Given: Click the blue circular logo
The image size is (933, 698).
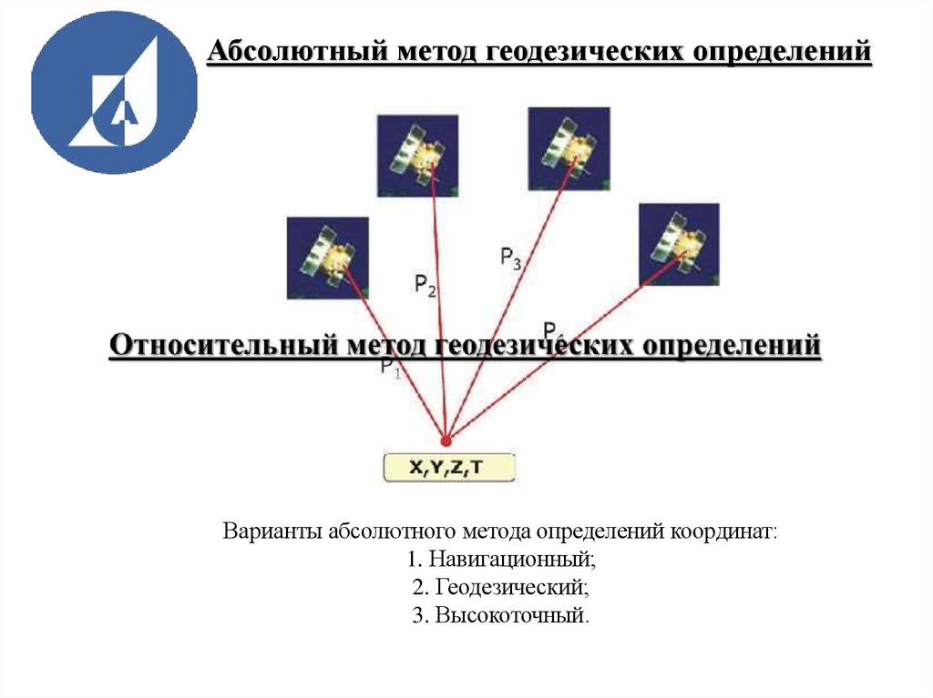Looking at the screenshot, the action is click(114, 91).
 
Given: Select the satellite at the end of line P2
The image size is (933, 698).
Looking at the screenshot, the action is click(417, 156).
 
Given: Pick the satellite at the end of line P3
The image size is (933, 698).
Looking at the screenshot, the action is click(569, 147).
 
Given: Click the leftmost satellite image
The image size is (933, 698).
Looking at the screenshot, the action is click(327, 258).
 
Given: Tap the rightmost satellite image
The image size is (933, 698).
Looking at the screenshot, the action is click(678, 244).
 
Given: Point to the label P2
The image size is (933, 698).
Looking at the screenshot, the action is click(425, 286).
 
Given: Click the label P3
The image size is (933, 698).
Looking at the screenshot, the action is click(510, 258).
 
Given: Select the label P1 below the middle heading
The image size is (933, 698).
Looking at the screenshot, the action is click(390, 369).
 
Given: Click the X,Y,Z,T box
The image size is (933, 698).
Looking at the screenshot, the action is click(448, 468).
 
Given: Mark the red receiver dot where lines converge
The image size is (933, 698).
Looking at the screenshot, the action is click(446, 438).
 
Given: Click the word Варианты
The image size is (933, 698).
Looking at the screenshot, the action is click(266, 530).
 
